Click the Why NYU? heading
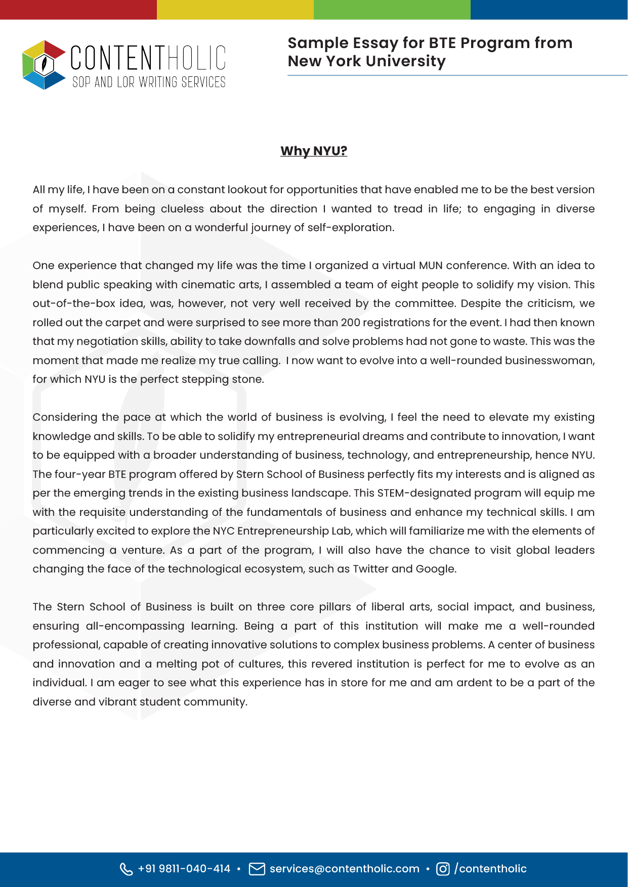click(x=314, y=151)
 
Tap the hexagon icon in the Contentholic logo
click(x=44, y=65)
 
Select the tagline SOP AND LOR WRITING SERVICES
click(x=149, y=82)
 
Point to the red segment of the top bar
click(x=78, y=10)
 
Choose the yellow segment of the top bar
click(x=235, y=10)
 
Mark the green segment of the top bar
click(x=392, y=10)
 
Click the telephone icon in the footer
click(x=126, y=869)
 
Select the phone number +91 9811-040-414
click(x=184, y=869)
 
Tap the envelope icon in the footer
click(x=257, y=869)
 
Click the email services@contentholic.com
click(x=345, y=869)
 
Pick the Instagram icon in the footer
click(x=443, y=869)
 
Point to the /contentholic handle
click(x=491, y=869)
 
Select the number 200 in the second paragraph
click(x=351, y=323)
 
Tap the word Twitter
click(x=370, y=569)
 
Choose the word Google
click(x=435, y=569)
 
